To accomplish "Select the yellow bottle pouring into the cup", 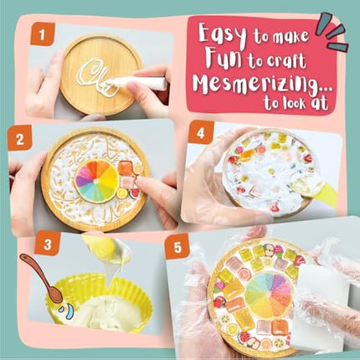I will pos(105,252).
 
